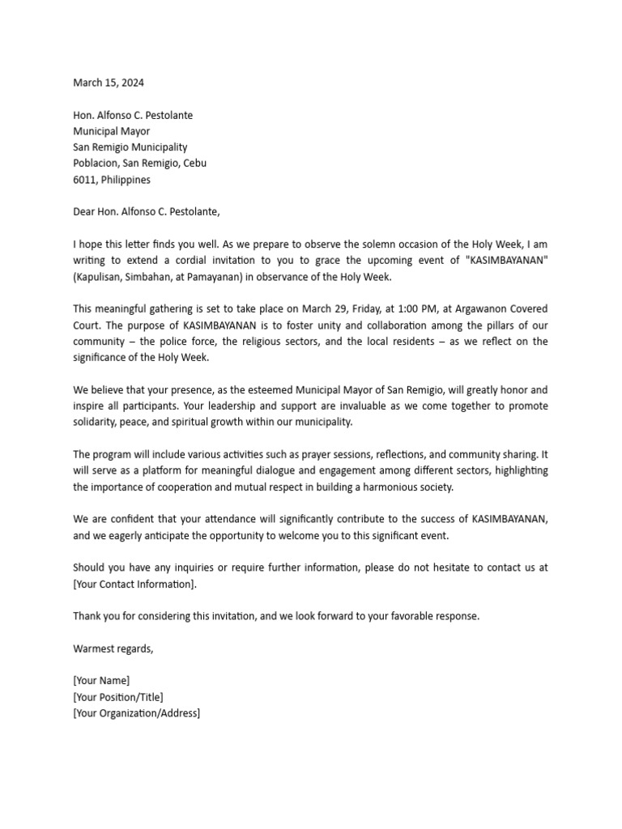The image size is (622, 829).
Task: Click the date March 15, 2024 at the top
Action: point(109,83)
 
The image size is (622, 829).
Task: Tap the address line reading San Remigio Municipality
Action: point(130,147)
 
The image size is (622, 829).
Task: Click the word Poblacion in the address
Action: point(96,164)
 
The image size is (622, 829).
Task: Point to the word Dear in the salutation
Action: point(85,212)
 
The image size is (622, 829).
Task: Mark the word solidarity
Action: point(96,423)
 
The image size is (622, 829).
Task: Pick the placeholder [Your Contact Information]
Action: point(134,584)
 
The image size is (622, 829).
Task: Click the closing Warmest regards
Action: point(113,648)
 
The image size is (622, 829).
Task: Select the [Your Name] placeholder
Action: point(101,681)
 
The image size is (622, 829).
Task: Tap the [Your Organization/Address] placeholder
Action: point(136,713)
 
